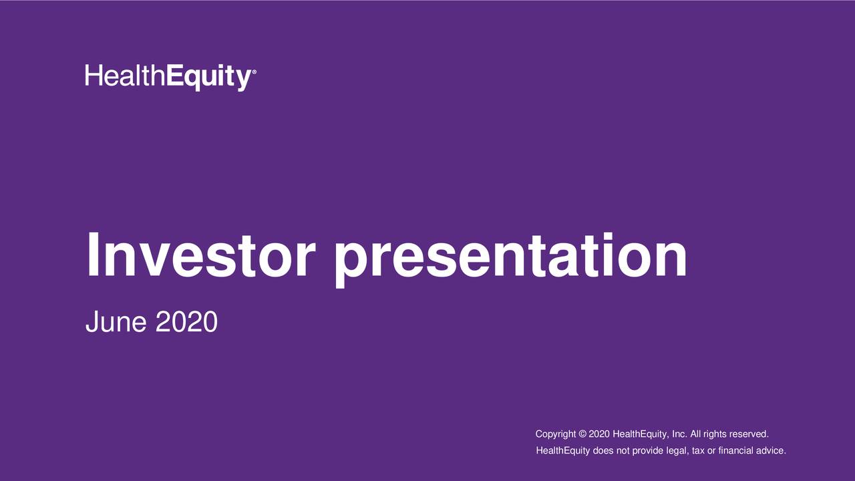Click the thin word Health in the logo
coord(124,75)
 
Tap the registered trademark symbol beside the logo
coord(252,71)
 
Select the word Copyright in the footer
coord(556,435)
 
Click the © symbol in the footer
coord(582,435)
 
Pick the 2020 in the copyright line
coord(599,435)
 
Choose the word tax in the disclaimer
coord(698,451)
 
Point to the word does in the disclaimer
coord(603,451)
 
